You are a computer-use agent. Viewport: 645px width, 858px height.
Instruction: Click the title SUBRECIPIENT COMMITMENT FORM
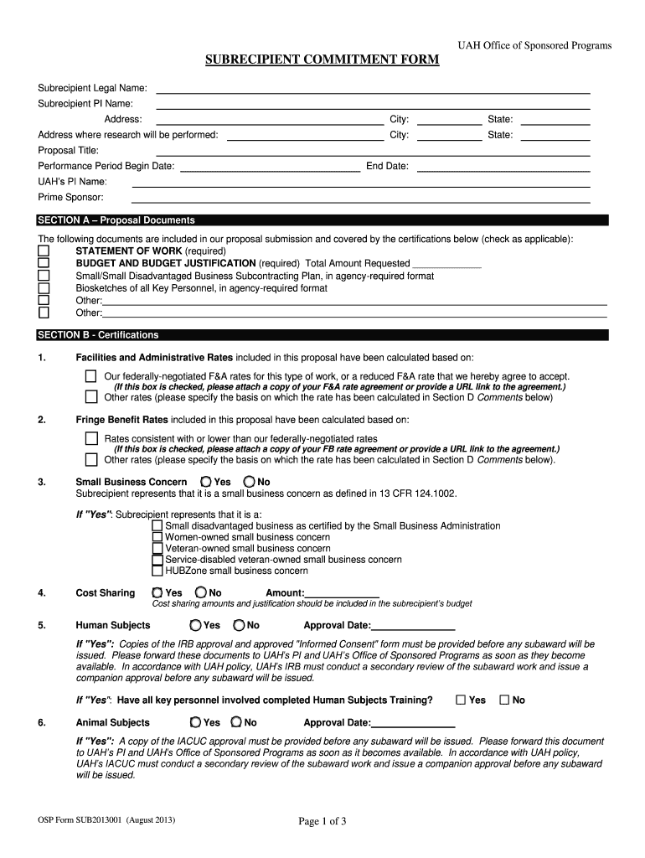tap(322, 61)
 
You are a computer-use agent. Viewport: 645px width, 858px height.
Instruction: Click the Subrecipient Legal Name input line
tap(373, 89)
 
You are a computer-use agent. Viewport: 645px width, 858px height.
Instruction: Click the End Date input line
tap(503, 167)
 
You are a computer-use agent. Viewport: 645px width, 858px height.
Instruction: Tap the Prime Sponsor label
tap(71, 198)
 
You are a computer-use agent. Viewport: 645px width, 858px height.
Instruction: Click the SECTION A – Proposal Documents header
tap(116, 220)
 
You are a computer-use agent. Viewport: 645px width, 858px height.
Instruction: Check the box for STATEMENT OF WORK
tap(44, 251)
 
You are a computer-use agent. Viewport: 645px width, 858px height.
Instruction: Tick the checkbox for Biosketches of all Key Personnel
tap(44, 288)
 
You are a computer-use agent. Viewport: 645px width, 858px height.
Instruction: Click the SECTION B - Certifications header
tap(98, 335)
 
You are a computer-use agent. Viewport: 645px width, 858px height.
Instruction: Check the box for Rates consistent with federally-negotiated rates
tap(90, 438)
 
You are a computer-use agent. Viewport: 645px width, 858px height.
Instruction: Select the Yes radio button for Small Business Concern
tap(206, 482)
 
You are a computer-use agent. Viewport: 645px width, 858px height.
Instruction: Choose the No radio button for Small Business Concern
tap(249, 482)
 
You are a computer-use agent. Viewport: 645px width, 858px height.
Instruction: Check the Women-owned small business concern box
tap(157, 537)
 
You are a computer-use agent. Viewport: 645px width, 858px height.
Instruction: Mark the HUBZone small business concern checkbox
tap(157, 571)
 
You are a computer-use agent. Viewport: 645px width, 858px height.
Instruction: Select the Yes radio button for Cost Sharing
tap(157, 593)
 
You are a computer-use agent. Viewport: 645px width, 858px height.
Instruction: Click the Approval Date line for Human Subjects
tap(413, 626)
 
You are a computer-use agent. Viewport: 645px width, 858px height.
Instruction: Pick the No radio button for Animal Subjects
tap(236, 722)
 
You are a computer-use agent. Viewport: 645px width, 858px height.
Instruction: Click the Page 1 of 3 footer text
tap(322, 822)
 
